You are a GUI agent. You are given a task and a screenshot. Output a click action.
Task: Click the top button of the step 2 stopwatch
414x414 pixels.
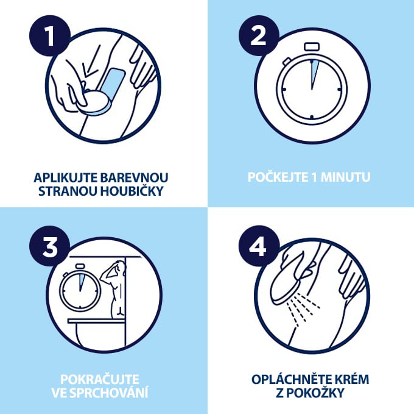click(x=311, y=46)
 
